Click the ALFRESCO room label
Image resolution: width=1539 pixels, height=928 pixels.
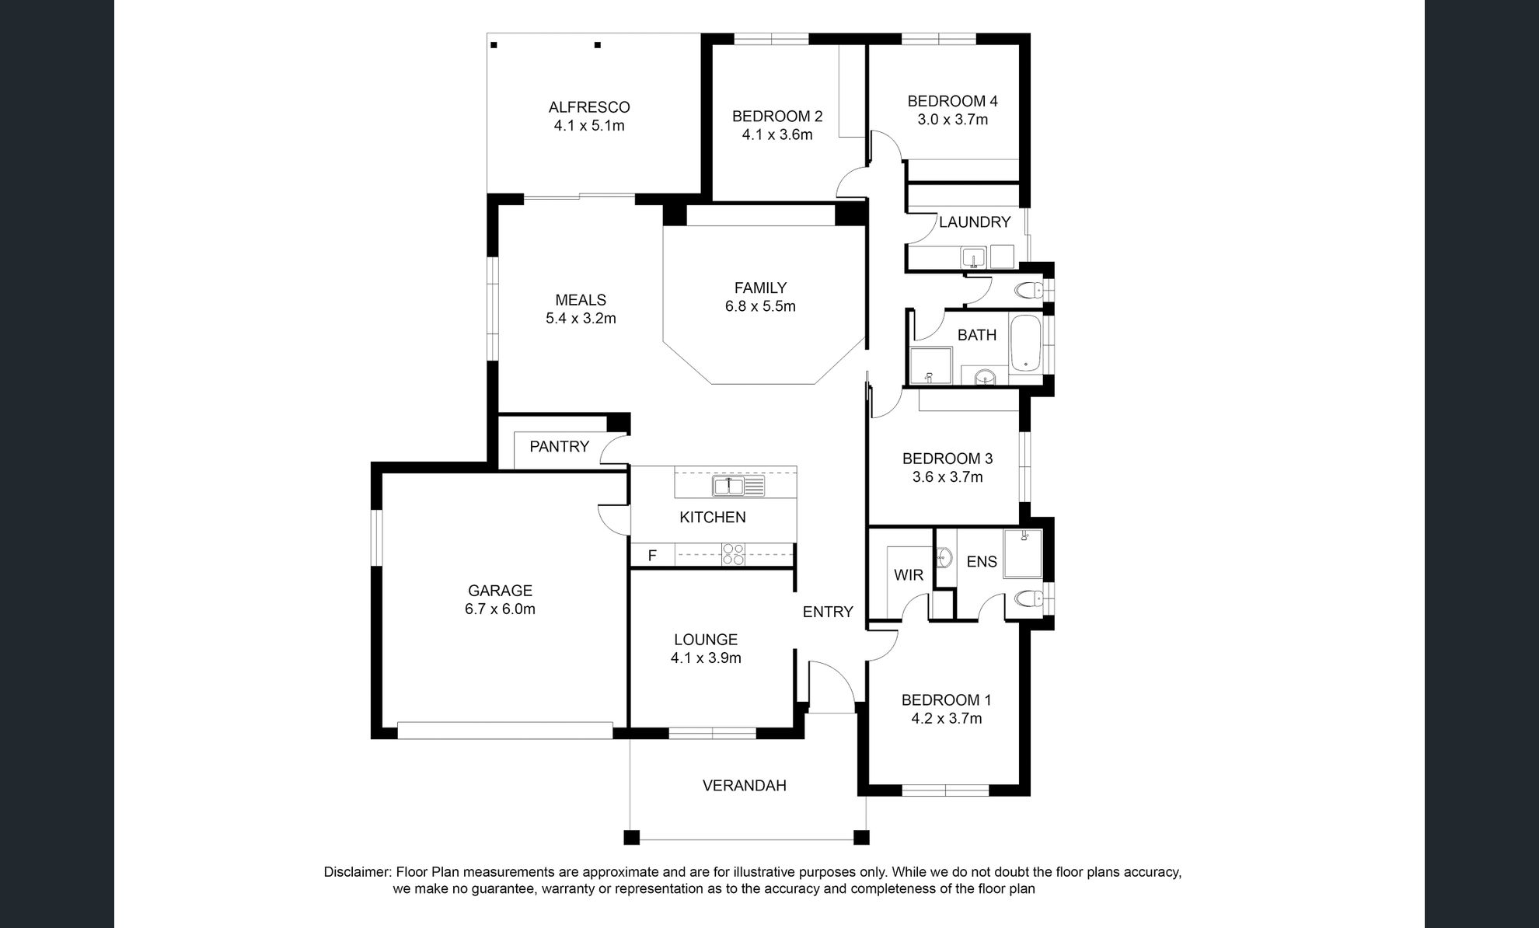(589, 107)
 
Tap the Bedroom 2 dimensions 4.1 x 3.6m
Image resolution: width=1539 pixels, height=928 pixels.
(777, 135)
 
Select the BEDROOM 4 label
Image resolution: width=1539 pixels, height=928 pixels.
(952, 101)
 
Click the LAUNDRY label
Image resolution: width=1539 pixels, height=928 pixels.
(975, 222)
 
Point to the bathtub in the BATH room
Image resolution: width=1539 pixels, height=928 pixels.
(1027, 343)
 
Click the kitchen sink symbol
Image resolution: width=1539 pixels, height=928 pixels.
(738, 487)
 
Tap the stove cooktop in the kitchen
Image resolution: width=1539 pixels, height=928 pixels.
(734, 554)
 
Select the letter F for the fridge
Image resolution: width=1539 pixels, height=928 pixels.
(652, 555)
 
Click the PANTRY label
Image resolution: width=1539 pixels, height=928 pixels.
(559, 447)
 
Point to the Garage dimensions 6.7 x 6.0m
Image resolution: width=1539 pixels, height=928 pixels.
(500, 609)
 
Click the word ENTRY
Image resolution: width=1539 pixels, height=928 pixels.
(828, 612)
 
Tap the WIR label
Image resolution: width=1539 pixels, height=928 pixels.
(909, 575)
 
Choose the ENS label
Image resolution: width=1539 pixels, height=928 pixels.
(982, 561)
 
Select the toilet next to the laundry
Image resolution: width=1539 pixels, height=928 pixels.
(1031, 291)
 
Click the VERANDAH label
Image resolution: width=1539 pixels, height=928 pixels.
(745, 786)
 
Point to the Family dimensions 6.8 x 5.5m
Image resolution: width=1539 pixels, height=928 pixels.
(760, 306)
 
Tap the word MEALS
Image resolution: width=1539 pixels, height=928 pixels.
(581, 300)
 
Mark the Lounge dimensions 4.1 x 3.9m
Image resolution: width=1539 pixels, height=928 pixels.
(706, 658)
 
